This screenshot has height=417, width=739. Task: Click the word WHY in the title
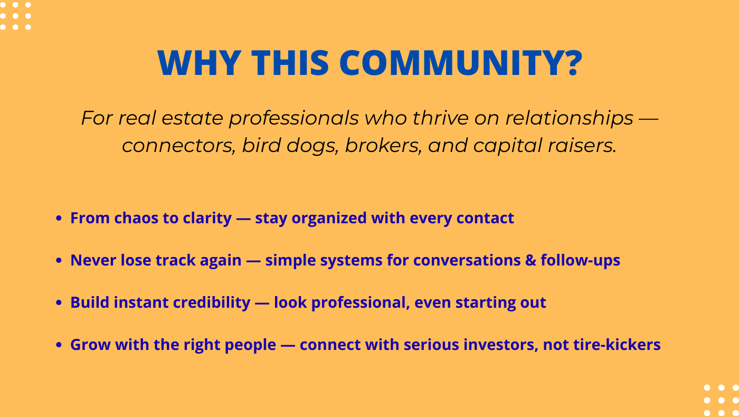point(199,63)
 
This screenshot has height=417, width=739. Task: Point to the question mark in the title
point(571,63)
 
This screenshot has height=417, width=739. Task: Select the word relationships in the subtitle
point(569,118)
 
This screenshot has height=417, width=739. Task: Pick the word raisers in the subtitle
point(582,146)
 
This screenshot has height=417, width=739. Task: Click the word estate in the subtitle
point(192,118)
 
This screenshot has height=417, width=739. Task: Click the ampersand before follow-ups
point(530,260)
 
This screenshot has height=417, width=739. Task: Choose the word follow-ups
point(580,260)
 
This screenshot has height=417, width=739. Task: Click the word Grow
point(90,345)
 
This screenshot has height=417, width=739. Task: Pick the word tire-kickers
point(617,345)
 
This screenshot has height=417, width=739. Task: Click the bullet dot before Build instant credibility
point(59,302)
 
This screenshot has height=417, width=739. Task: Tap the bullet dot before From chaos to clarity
point(59,218)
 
